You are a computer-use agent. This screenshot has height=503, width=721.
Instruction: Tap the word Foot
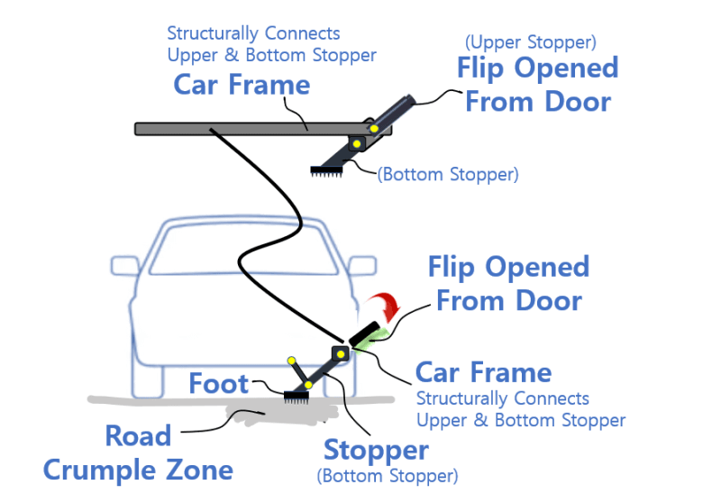(219, 383)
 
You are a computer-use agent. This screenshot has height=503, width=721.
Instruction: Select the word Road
(138, 435)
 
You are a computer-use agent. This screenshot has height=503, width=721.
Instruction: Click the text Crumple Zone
(138, 470)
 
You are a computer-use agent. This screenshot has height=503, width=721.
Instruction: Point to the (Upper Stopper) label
(531, 42)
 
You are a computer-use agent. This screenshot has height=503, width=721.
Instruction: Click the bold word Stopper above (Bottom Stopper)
(376, 450)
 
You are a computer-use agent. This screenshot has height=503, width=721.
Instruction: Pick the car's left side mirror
(125, 266)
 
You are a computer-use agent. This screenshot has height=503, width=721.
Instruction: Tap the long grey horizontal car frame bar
(263, 129)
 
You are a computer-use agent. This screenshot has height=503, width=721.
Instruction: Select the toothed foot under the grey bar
(326, 171)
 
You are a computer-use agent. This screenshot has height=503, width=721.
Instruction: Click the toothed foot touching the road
(297, 398)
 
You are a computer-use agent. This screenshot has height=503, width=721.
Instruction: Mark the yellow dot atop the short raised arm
(291, 361)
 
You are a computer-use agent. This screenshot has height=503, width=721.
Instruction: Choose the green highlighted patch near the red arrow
(373, 341)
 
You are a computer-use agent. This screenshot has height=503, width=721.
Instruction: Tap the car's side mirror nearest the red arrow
(362, 266)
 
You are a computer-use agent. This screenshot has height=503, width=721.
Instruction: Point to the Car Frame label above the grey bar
(242, 85)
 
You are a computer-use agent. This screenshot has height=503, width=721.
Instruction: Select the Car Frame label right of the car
(484, 372)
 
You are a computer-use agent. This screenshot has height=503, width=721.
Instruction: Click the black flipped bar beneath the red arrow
(365, 334)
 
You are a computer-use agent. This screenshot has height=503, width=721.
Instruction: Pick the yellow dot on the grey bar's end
(374, 129)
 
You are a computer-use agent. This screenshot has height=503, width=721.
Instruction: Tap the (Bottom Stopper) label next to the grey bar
(448, 175)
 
